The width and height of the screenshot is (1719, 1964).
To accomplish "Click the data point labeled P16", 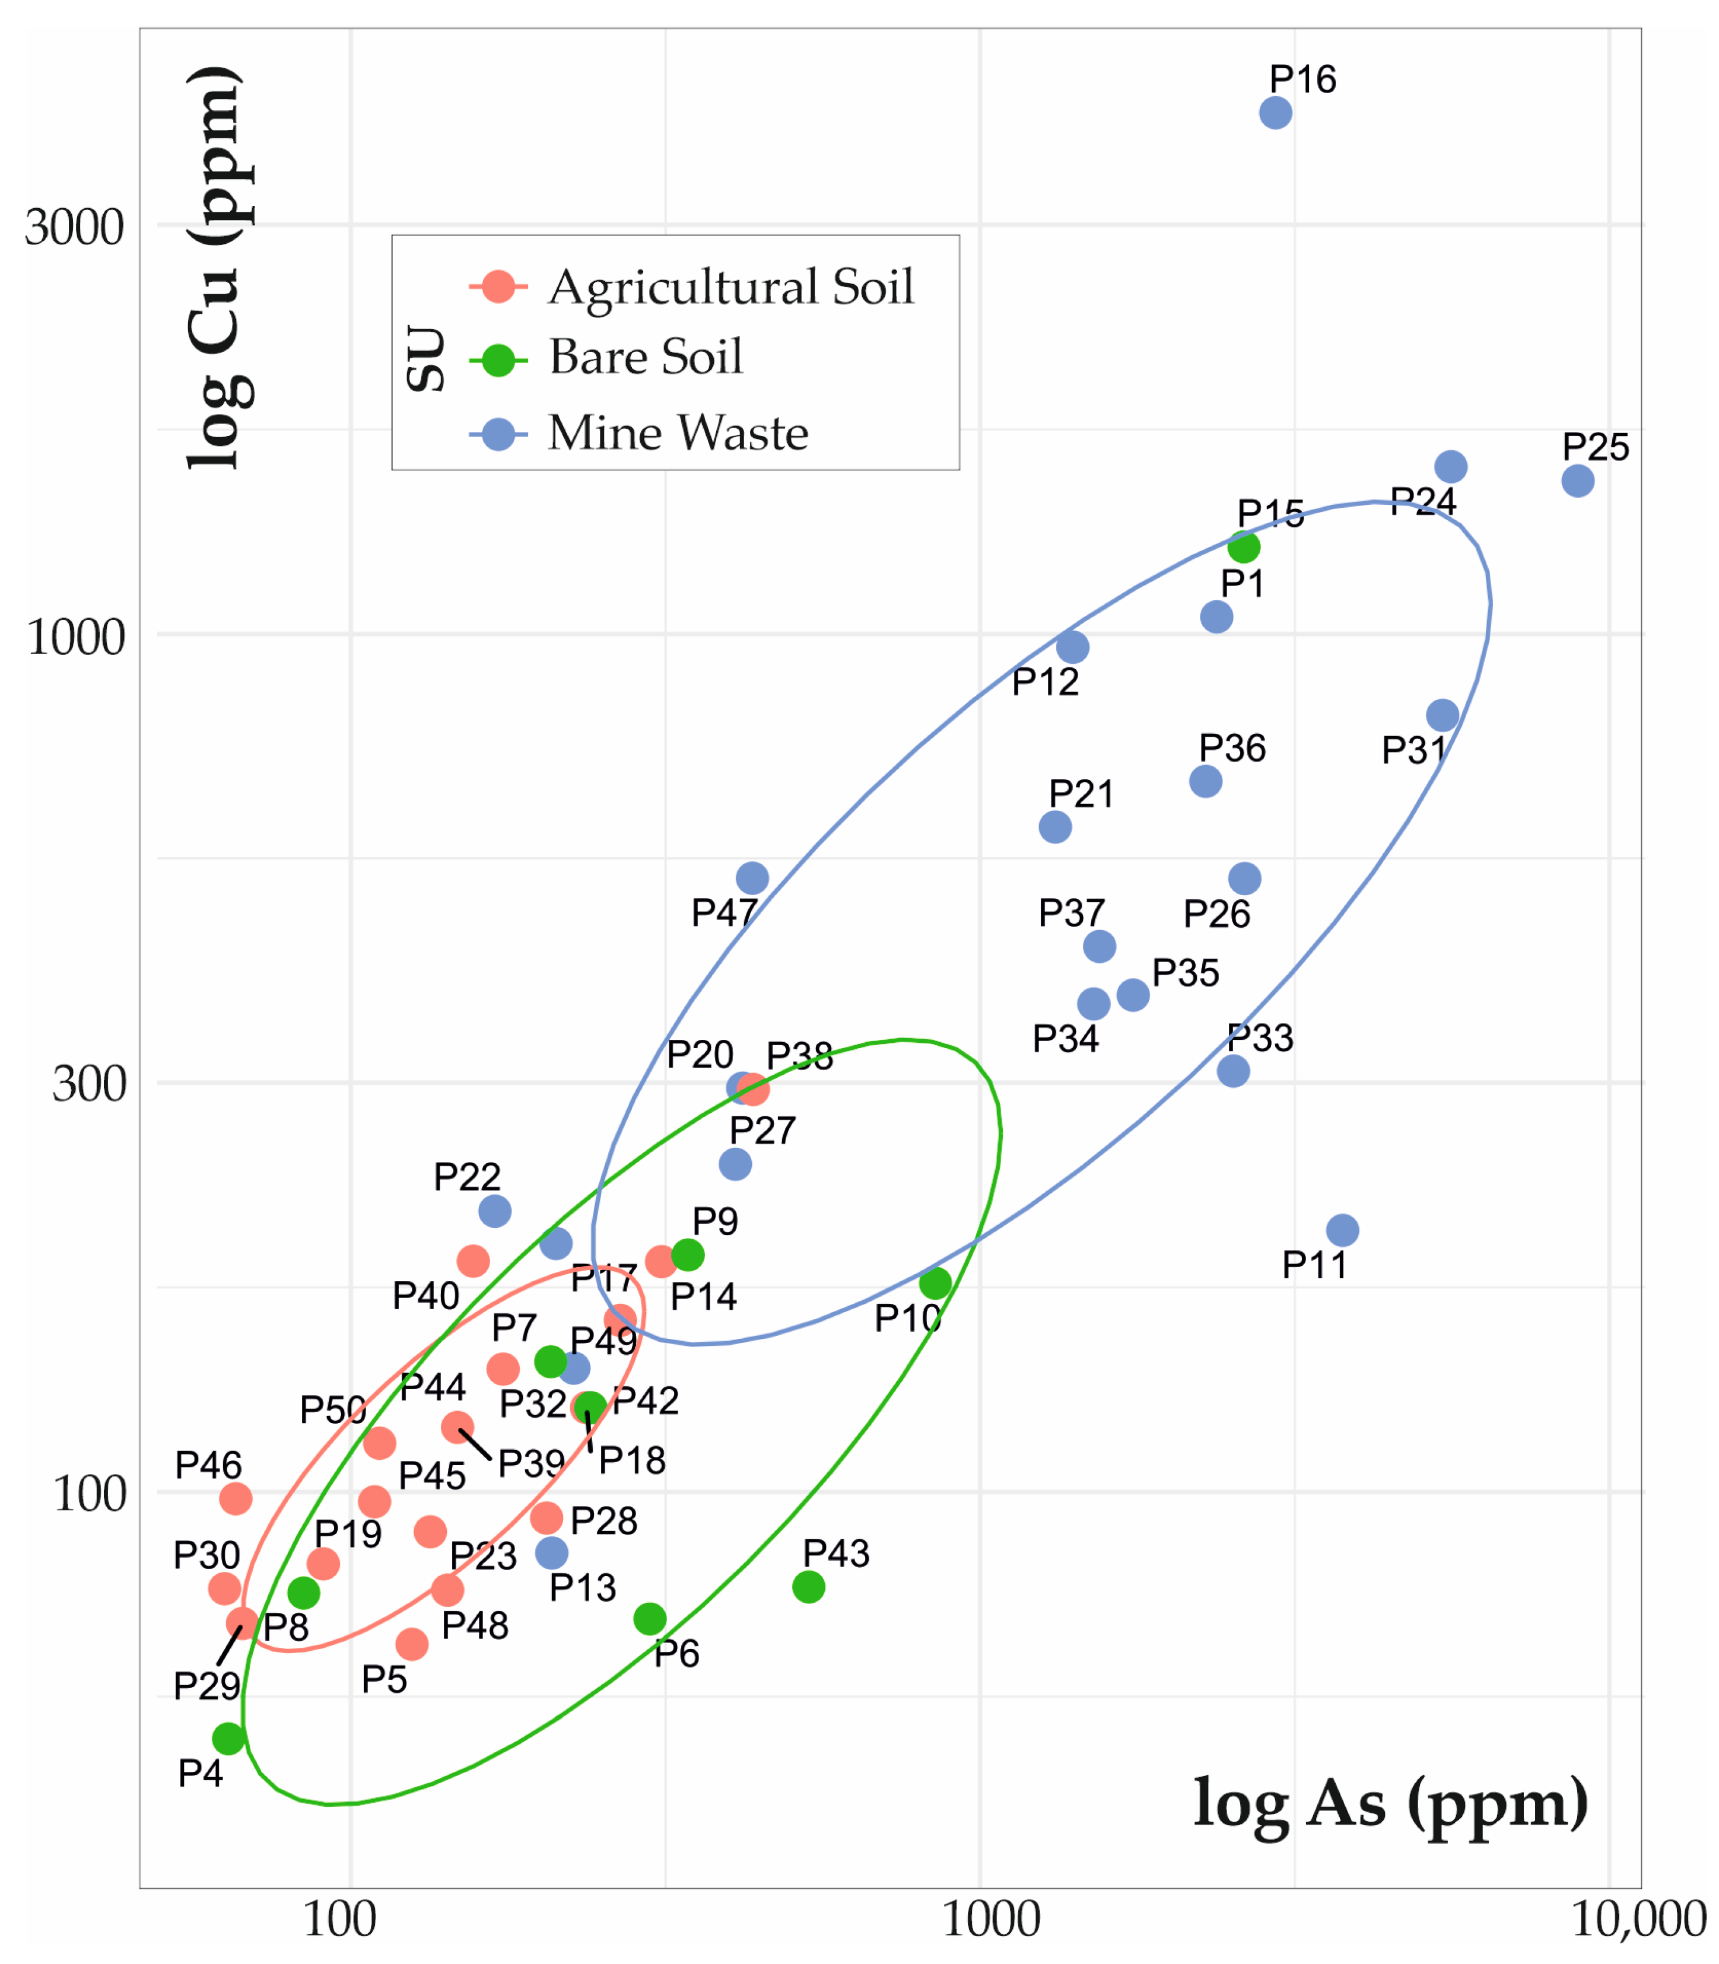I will point(1275,113).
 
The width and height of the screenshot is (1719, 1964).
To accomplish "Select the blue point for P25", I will point(1578,480).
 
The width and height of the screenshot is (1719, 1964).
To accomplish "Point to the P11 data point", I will point(1343,1230).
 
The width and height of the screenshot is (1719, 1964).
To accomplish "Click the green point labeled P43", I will point(809,1587).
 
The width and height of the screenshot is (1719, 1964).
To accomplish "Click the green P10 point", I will point(935,1283).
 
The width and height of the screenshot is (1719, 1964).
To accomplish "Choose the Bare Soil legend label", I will point(646,358).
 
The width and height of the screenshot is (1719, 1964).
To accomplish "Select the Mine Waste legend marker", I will point(498,434).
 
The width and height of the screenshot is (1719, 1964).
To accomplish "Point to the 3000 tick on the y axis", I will point(74,228).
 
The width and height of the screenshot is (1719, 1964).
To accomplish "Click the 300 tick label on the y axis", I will point(88,1084).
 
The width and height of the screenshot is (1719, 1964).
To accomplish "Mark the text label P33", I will point(1260,1037).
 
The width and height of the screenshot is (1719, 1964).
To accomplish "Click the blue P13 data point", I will point(552,1552).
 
